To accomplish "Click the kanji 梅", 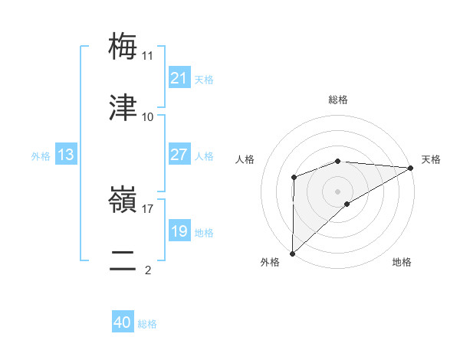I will (123, 45).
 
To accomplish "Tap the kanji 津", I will (123, 107).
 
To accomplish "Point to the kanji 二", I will (123, 260).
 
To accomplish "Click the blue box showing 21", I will (179, 78).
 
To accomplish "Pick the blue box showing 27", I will (179, 155).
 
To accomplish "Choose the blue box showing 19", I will (179, 231).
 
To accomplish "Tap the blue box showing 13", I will (65, 155).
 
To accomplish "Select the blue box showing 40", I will (123, 322).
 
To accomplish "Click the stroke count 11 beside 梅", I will (148, 56).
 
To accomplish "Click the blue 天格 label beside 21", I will (204, 79).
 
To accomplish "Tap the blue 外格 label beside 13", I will (41, 155).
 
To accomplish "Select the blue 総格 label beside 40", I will (147, 323).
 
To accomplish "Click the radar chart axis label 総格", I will (337, 100).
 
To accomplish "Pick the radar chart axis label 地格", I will (402, 262).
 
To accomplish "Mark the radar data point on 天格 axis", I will (411, 168).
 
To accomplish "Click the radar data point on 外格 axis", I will (292, 253).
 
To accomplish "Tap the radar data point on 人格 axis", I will (294, 178).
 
